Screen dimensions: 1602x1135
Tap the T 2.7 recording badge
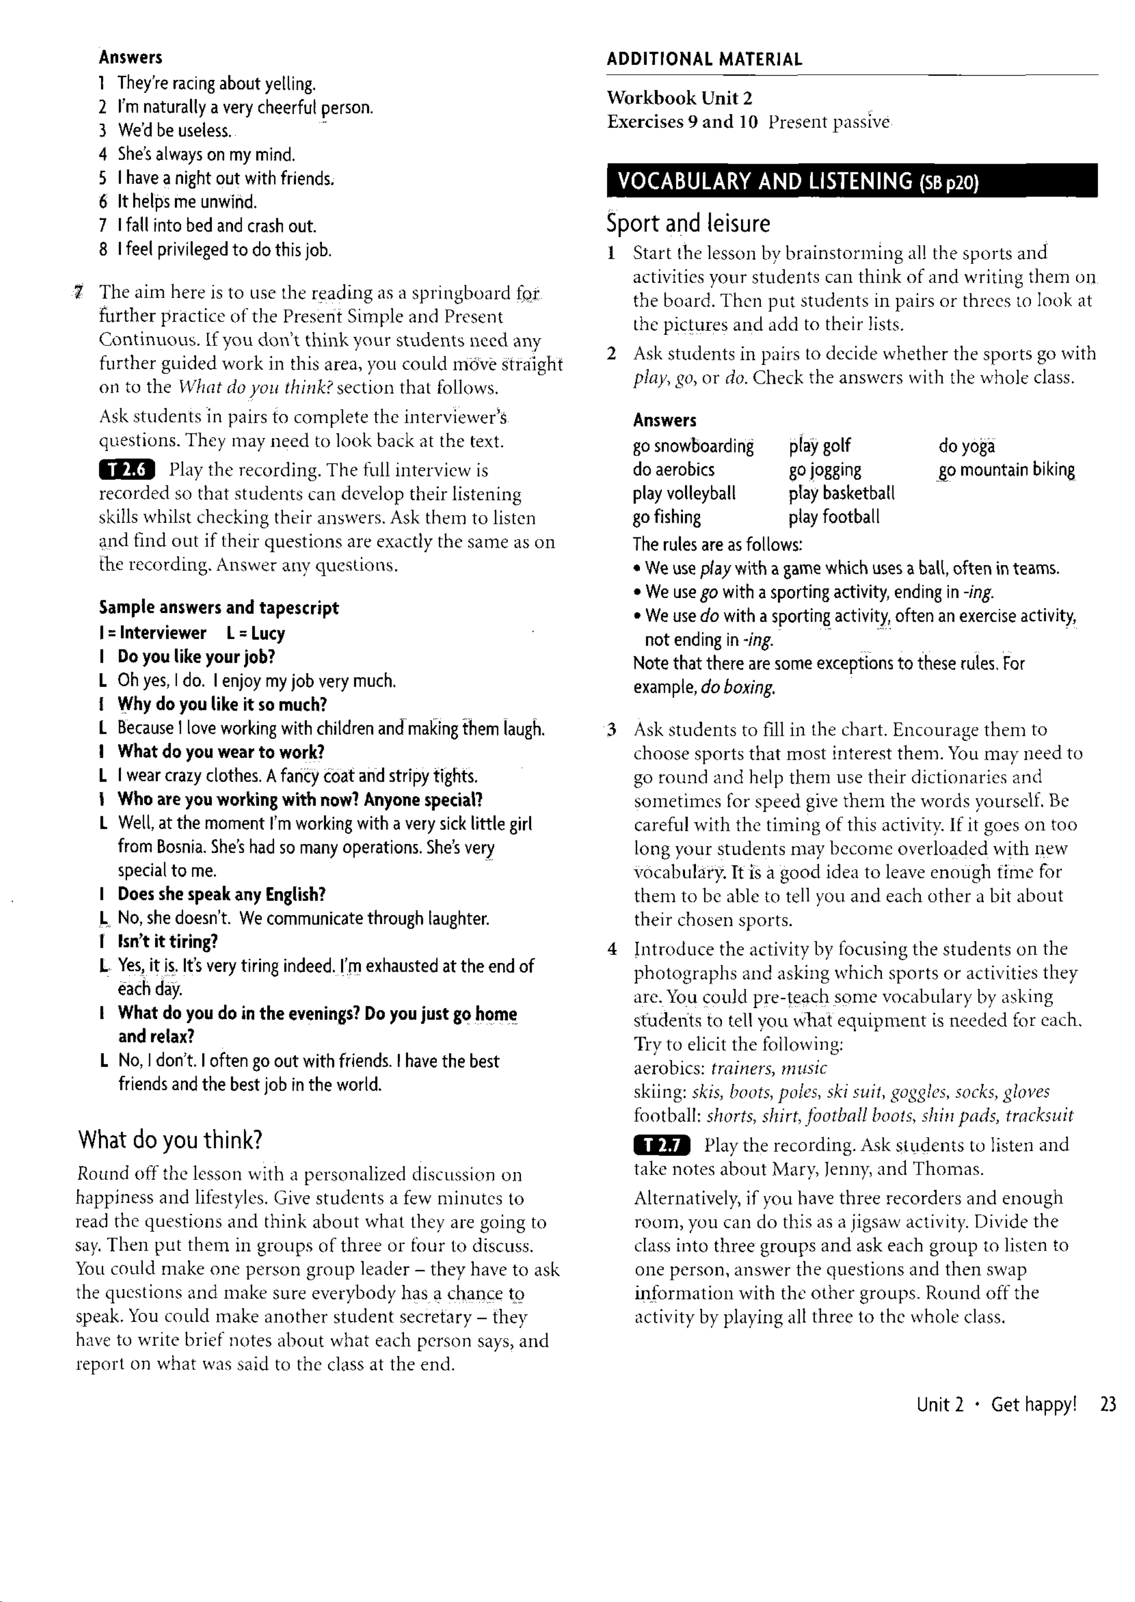pyautogui.click(x=661, y=1145)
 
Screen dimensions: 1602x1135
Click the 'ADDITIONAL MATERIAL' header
pyautogui.click(x=704, y=59)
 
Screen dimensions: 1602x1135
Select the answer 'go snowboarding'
pyautogui.click(x=693, y=446)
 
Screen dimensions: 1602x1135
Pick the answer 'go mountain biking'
pyautogui.click(x=1007, y=470)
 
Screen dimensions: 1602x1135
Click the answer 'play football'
pyautogui.click(x=834, y=517)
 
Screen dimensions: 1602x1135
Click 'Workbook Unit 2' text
pyautogui.click(x=679, y=98)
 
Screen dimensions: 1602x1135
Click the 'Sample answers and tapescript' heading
pyautogui.click(x=219, y=608)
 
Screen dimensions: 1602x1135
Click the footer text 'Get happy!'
pyautogui.click(x=1034, y=1405)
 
